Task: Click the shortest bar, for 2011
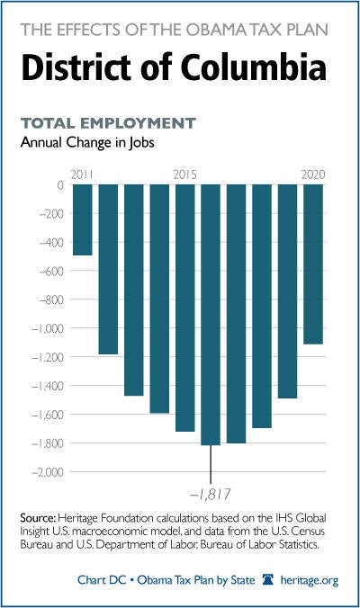tap(83, 219)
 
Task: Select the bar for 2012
tap(108, 269)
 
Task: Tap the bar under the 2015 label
tap(185, 308)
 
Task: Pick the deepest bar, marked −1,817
tap(211, 315)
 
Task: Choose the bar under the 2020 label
tap(313, 264)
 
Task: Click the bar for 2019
tap(287, 291)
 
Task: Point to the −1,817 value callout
tap(211, 495)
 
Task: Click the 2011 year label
tap(82, 174)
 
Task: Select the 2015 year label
tap(185, 174)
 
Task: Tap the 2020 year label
tap(313, 174)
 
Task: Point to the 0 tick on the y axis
tap(60, 185)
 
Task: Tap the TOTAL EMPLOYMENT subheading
tap(108, 123)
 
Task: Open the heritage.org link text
tap(310, 580)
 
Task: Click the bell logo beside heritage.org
tap(268, 580)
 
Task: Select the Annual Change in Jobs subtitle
tap(87, 142)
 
